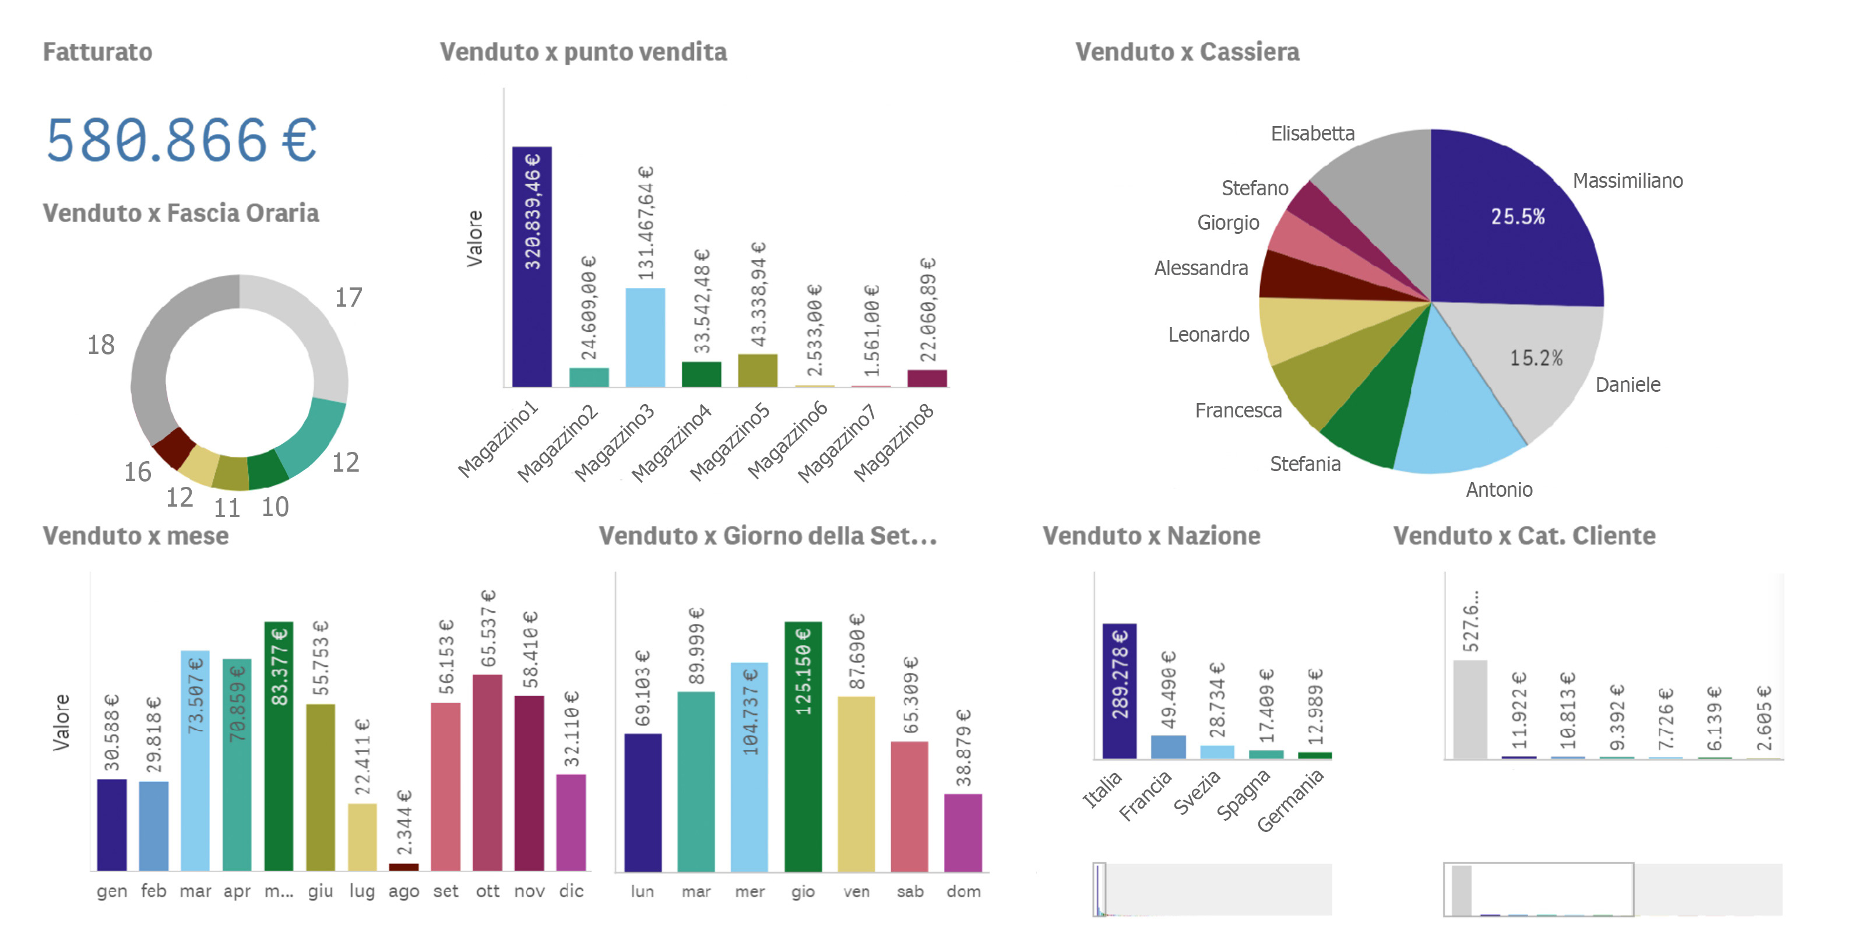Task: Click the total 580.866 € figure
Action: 180,139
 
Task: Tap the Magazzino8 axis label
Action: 895,441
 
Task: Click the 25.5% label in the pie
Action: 1518,216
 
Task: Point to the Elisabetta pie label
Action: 1312,134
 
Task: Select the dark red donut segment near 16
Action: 174,447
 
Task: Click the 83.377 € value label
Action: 279,666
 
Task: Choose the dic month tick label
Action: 571,891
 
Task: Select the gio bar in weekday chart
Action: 803,747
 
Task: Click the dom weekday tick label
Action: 963,892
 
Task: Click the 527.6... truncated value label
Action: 1470,620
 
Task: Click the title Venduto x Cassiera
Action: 1187,52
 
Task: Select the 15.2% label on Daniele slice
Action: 1536,358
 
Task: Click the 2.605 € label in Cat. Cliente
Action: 1764,718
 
